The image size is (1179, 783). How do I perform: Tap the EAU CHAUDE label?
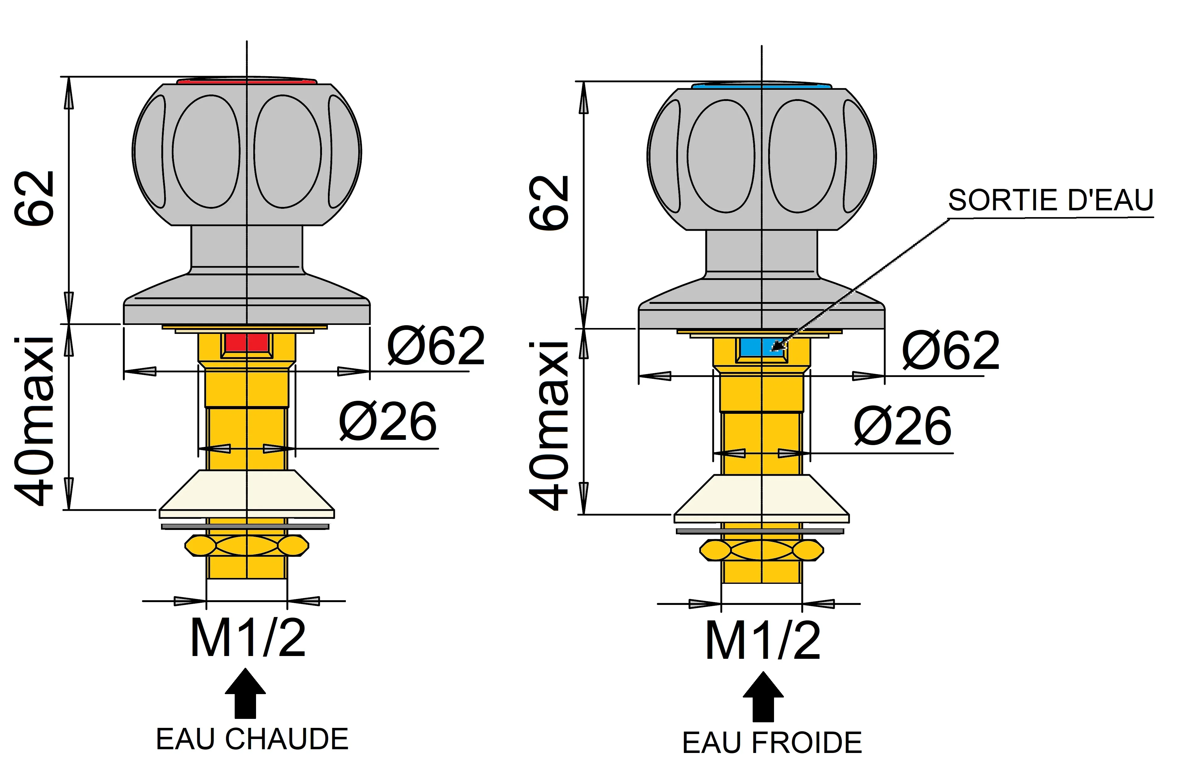252,739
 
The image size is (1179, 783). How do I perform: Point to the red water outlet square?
246,343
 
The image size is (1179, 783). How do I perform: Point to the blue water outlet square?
761,347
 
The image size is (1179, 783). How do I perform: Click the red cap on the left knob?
246,81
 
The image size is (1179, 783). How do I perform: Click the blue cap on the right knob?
761,86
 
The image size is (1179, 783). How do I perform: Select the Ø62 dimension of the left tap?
435,346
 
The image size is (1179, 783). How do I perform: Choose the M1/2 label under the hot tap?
248,638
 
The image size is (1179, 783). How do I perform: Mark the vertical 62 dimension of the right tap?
549,203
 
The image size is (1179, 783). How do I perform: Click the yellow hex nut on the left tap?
246,545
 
